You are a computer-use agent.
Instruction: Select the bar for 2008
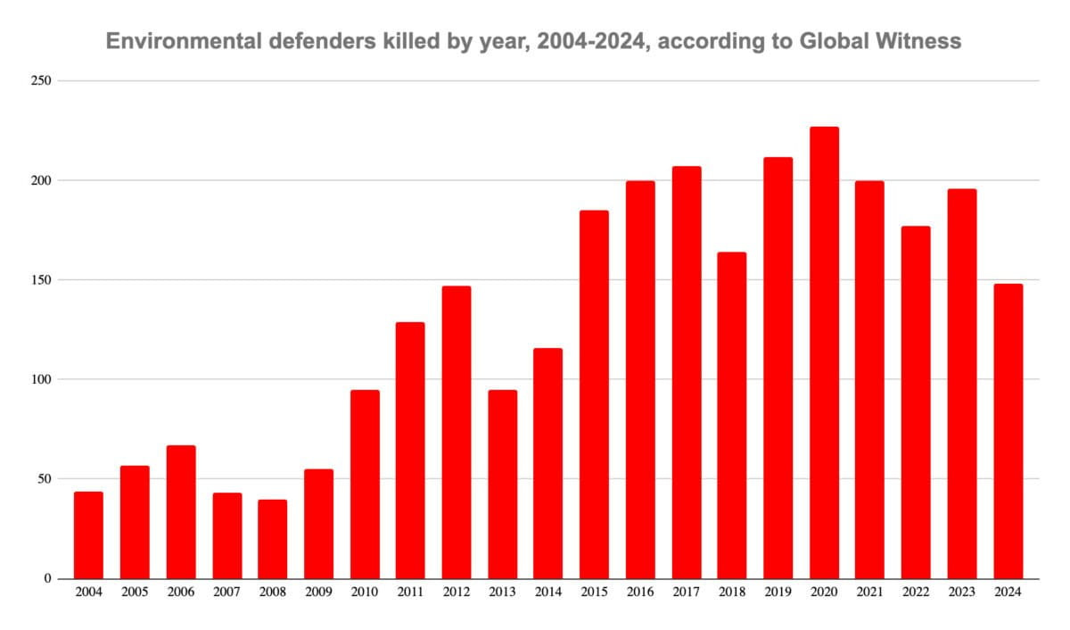click(x=272, y=539)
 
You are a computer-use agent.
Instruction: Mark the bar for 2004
click(x=88, y=535)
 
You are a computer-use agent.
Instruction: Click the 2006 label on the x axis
click(x=180, y=592)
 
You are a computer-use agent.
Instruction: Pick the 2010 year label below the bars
click(x=364, y=592)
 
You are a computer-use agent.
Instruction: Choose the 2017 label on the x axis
click(x=686, y=592)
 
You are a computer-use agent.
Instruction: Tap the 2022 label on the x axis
click(x=916, y=592)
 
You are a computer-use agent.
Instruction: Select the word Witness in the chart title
click(x=924, y=41)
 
